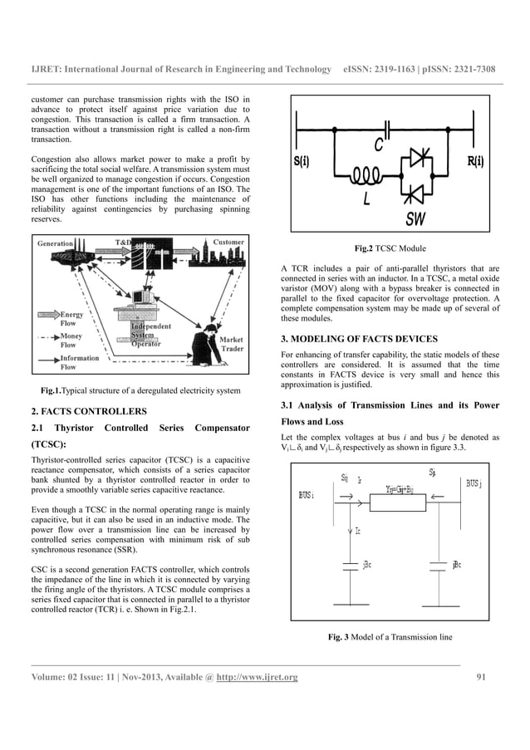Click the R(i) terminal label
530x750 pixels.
tap(476, 160)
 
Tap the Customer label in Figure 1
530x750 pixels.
tap(228, 243)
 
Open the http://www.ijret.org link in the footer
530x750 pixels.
tap(257, 682)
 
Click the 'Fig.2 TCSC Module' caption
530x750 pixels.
tap(390, 248)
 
